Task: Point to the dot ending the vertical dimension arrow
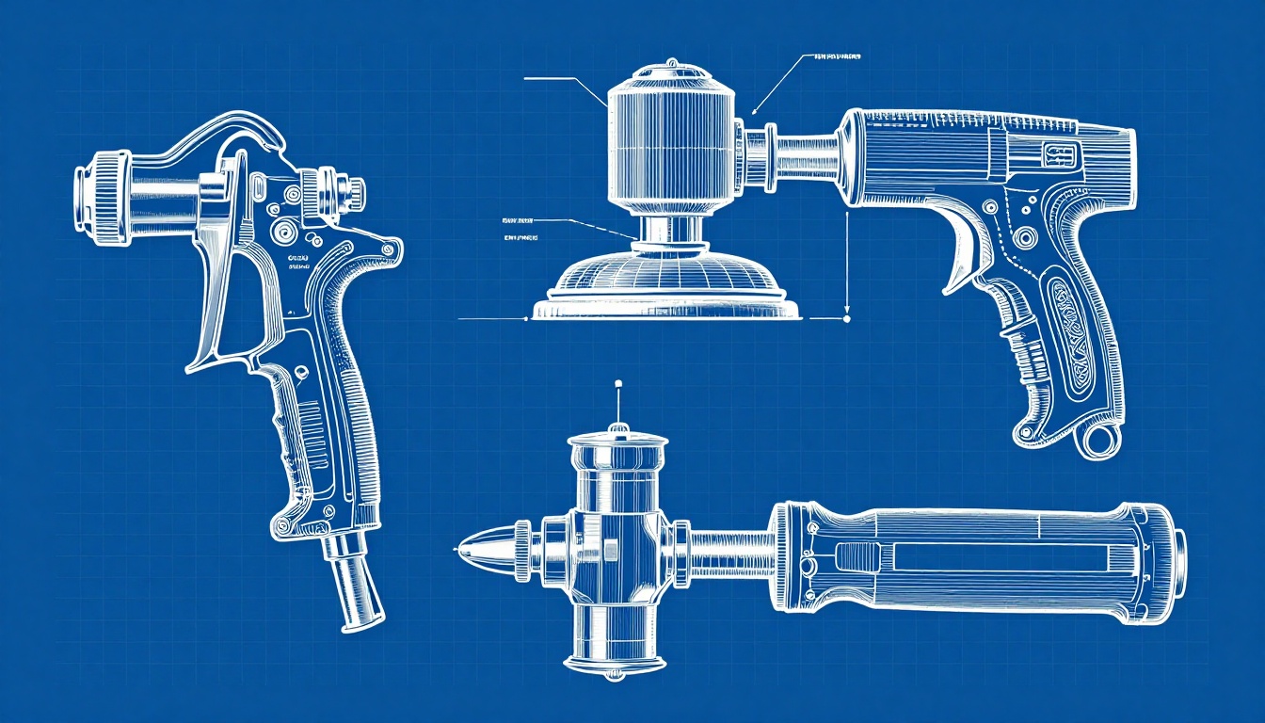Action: [847, 319]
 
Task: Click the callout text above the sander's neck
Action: [836, 56]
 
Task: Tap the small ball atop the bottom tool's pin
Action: [617, 384]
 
